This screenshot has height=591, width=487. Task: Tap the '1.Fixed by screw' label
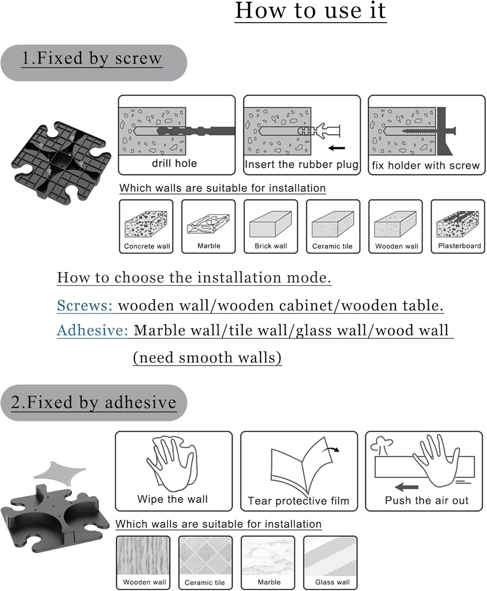point(92,58)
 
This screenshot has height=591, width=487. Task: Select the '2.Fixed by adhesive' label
point(93,403)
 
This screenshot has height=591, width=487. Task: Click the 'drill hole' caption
point(175,164)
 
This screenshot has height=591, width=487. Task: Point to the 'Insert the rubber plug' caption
point(301,164)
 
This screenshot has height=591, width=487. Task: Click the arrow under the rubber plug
point(336,148)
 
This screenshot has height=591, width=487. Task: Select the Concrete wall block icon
point(146,224)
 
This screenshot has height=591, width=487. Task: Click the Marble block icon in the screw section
point(208,224)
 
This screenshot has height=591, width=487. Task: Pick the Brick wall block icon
point(270,224)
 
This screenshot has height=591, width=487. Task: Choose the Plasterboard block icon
point(457,224)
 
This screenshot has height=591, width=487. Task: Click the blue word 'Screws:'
point(85,305)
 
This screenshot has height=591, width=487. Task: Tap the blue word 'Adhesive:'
point(93,330)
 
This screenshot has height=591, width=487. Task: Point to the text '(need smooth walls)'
point(207,357)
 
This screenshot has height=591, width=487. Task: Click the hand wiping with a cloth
point(172,464)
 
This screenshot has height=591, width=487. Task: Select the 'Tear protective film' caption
point(298,501)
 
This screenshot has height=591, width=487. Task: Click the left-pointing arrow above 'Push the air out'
point(406,487)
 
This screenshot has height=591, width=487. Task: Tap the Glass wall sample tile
point(330,557)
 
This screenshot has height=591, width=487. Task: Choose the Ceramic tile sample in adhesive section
point(205,557)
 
